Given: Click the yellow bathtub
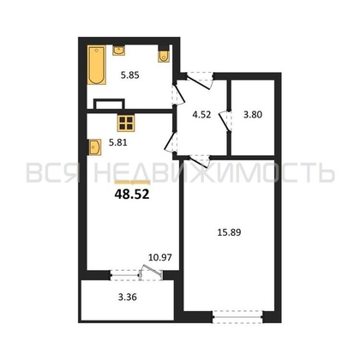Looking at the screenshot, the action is click(x=97, y=65).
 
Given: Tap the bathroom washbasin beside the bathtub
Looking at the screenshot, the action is click(x=119, y=50).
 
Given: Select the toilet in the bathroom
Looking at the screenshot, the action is click(x=164, y=56).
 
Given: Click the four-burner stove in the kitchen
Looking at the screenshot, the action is click(x=125, y=123).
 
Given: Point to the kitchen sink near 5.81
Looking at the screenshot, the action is click(x=95, y=147).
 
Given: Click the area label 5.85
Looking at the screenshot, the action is click(x=129, y=75).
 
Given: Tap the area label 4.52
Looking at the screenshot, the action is click(x=201, y=115).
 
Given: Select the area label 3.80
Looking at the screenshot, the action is click(x=253, y=115).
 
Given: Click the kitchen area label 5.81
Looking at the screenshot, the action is click(x=117, y=142).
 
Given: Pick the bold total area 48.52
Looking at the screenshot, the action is click(x=132, y=195).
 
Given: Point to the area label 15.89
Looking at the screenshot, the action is click(x=229, y=232).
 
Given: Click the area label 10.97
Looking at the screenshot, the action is click(x=160, y=257).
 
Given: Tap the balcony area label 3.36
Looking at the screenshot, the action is click(x=128, y=297).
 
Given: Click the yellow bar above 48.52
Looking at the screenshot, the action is click(x=132, y=183).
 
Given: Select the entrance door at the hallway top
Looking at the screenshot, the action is click(x=200, y=80).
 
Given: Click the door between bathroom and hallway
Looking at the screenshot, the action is click(x=178, y=94).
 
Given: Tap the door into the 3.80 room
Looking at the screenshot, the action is click(x=225, y=121).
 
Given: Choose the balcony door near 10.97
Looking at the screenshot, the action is click(x=152, y=273).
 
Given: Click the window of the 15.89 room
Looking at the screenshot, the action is click(x=237, y=317).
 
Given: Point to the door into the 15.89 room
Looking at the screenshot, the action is click(x=200, y=161).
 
